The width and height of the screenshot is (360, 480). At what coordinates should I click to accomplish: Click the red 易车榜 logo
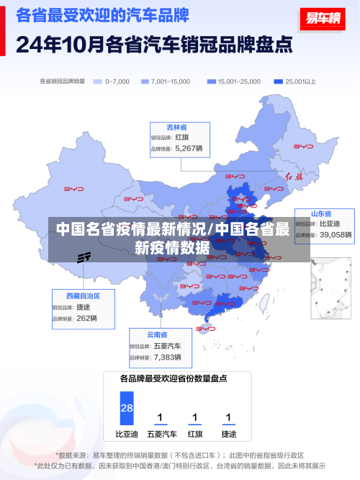[321, 19]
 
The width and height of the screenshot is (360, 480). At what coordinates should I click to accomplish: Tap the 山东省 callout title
[321, 214]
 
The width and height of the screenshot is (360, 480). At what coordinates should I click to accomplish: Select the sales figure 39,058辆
[336, 234]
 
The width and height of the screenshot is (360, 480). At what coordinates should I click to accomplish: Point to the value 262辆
[86, 318]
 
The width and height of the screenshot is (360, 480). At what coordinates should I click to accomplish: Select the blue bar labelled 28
[127, 408]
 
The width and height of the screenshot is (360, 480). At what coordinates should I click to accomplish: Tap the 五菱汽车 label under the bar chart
[161, 435]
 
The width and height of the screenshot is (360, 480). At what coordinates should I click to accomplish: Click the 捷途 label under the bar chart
[228, 435]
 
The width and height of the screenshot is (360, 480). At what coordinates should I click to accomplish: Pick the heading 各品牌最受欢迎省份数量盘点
[174, 378]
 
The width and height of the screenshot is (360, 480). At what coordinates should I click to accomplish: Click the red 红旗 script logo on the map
[294, 176]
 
